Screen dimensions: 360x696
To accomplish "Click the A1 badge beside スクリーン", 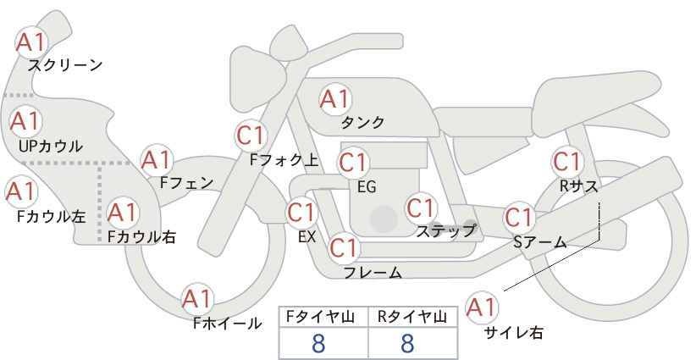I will (34, 42).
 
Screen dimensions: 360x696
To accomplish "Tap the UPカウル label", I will (51, 147).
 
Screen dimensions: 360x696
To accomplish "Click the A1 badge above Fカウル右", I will (122, 212).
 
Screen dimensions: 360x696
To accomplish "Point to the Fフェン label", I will (186, 182).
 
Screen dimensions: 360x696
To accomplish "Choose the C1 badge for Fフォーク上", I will (251, 134).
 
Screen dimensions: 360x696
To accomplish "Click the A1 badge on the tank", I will (334, 99).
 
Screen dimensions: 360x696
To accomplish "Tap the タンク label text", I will (362, 123).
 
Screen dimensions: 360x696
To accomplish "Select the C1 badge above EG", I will (354, 162).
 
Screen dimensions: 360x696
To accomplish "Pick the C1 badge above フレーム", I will (344, 248).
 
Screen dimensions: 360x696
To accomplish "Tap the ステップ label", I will (446, 230).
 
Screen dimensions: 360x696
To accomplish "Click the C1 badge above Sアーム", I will (520, 217).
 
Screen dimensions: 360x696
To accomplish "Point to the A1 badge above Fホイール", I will (197, 298).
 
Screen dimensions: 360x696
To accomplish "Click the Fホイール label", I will (228, 323).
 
